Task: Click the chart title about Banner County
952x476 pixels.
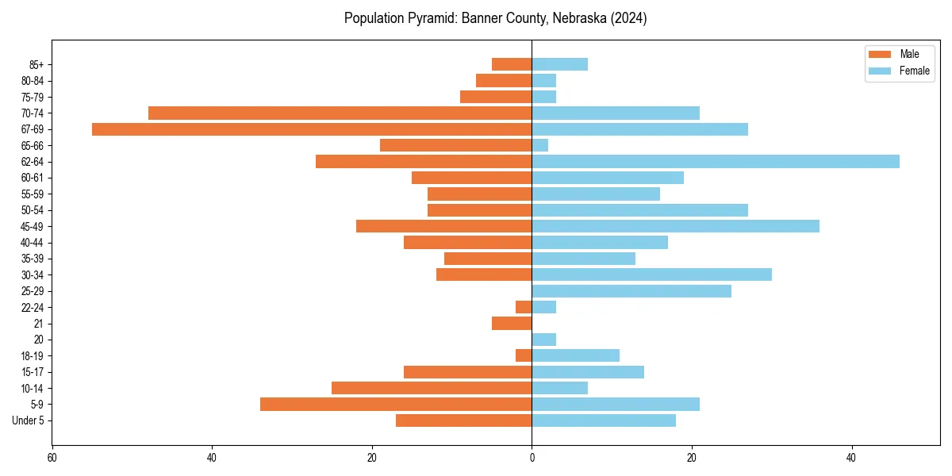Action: pos(495,18)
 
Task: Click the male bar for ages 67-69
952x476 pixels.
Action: pos(312,129)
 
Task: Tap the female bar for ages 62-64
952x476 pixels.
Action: pos(716,162)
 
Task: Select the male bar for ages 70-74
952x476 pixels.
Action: pos(340,113)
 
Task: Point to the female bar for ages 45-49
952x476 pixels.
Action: pos(675,226)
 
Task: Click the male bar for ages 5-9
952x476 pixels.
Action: pos(396,404)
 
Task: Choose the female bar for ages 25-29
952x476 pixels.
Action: pos(631,291)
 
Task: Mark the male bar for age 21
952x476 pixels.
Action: pos(512,324)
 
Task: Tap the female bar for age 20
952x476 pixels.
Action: pos(544,340)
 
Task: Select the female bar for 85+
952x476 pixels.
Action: pos(560,64)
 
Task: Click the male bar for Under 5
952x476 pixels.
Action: pos(463,420)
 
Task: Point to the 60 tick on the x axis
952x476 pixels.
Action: pos(52,458)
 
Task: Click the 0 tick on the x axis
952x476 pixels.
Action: pos(532,458)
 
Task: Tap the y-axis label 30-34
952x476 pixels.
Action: pos(33,275)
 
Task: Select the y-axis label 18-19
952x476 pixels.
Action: pos(33,356)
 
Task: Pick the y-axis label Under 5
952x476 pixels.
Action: pos(29,420)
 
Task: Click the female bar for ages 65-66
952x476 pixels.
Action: pos(540,145)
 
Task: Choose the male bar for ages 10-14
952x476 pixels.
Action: pos(432,388)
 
